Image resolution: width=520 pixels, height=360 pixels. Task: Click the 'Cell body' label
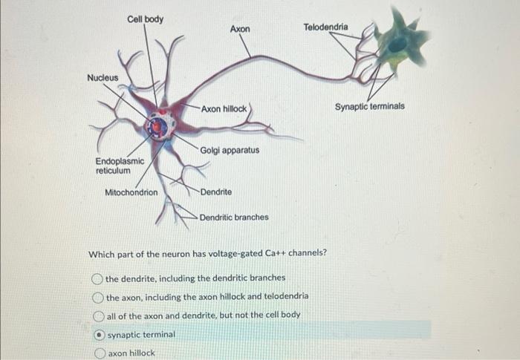tap(146, 19)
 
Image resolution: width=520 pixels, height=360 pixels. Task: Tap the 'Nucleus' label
tap(103, 77)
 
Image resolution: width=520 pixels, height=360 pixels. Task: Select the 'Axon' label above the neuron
tap(240, 29)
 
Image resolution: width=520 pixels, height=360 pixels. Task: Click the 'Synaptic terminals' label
tap(369, 106)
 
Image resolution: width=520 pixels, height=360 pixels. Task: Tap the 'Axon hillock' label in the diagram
tap(224, 108)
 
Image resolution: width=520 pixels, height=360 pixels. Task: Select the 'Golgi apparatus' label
tap(230, 150)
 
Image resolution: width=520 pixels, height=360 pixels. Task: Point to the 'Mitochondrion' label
tap(131, 192)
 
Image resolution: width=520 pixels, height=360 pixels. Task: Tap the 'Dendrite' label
tap(215, 192)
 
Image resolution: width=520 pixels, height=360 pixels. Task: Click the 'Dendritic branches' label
tap(234, 217)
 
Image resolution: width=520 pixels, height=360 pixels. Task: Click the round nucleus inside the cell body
tap(157, 128)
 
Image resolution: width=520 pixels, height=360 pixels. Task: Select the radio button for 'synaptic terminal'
tap(100, 335)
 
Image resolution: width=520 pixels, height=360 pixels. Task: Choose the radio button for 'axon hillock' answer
tap(100, 353)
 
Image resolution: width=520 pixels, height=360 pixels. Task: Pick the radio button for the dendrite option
tap(97, 278)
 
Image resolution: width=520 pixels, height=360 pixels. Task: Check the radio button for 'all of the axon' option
tap(99, 315)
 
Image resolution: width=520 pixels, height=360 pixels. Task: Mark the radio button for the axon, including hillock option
tap(98, 297)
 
